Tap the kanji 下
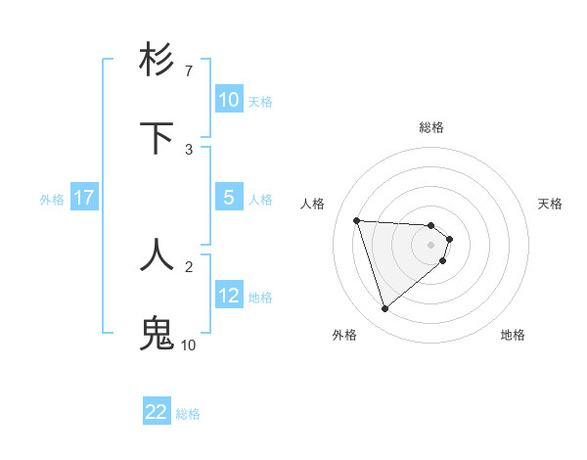157,138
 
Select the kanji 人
157,254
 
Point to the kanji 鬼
157,333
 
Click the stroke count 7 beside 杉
189,71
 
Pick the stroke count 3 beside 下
189,150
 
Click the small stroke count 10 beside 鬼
188,345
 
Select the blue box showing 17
84,198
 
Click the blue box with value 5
228,198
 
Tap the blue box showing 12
228,296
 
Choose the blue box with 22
157,412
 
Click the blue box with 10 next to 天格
228,100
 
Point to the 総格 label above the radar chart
431,127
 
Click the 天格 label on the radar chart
550,204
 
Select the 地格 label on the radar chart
513,335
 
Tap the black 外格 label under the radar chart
344,335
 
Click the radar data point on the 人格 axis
357,220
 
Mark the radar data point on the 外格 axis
384,309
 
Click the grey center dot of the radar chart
431,245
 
